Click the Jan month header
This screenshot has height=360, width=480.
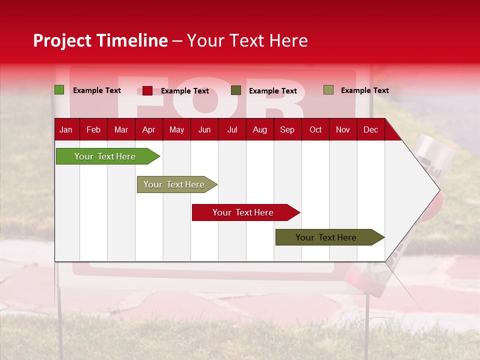(x=66, y=129)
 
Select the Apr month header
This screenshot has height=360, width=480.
(x=148, y=129)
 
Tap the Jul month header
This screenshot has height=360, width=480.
(x=232, y=129)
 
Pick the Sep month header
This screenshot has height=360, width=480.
(x=287, y=129)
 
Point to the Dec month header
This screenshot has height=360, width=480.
(x=370, y=129)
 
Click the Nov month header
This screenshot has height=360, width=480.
(x=342, y=129)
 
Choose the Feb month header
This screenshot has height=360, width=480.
(x=93, y=129)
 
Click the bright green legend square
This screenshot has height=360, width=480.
(x=59, y=90)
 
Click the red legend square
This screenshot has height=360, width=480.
(x=147, y=90)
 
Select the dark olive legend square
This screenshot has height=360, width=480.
(x=236, y=90)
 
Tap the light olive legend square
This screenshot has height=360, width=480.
(x=328, y=90)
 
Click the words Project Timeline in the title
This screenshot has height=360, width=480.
(x=100, y=40)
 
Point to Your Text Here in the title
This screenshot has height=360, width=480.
(x=247, y=40)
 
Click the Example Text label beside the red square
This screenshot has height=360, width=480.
(x=185, y=91)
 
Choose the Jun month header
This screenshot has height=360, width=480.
(x=204, y=129)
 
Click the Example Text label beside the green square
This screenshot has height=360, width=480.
(x=97, y=90)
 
